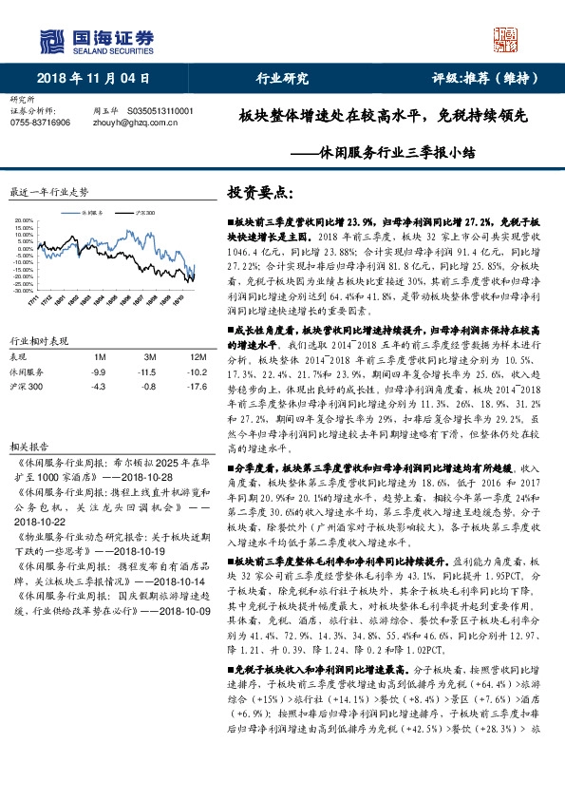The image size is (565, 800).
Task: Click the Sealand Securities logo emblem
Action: (50, 39)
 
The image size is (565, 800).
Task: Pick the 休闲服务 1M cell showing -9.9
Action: (98, 372)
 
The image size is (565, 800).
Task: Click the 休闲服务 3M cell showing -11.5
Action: (146, 372)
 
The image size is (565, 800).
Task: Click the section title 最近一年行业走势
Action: (47, 191)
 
